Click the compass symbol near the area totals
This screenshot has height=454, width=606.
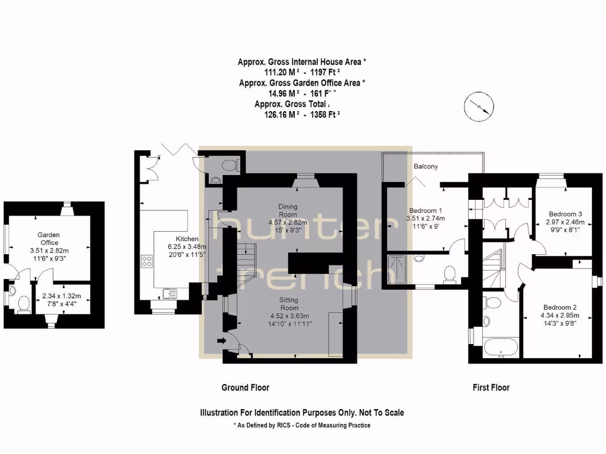(478, 104)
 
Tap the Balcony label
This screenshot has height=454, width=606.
(426, 167)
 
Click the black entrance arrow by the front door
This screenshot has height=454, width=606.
(221, 340)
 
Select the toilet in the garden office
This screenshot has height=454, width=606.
(23, 303)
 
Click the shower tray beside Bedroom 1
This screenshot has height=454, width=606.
(397, 270)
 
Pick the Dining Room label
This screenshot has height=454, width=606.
(288, 210)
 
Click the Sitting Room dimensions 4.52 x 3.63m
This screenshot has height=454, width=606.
(289, 316)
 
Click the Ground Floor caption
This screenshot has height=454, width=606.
(245, 388)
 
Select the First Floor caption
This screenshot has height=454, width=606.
(491, 388)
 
